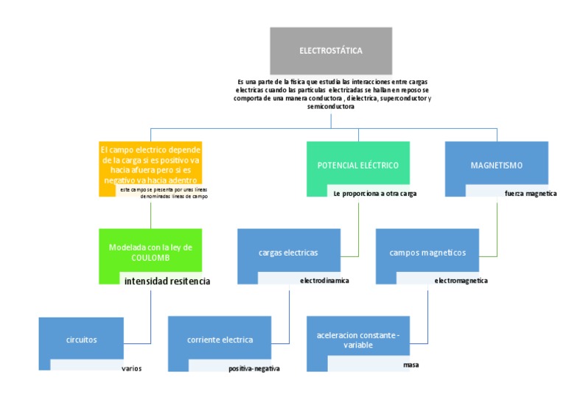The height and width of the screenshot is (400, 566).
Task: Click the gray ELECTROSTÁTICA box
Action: [x=330, y=50]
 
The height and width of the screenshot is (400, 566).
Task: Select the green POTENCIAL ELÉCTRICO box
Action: [x=357, y=165]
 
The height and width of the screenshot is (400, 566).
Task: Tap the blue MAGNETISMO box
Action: [x=496, y=165]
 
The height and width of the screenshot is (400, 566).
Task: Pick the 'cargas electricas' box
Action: [x=288, y=252]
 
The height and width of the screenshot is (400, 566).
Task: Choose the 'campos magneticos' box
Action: [x=427, y=252]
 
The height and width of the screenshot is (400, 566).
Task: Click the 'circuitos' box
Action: [x=80, y=340]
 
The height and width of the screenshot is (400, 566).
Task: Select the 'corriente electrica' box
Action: [x=220, y=340]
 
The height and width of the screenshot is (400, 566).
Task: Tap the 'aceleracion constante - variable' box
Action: [x=357, y=340]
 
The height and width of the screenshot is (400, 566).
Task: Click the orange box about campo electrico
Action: [x=150, y=164]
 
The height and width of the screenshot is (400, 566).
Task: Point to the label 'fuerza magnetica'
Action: [x=525, y=193]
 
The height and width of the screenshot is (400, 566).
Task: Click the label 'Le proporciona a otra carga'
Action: [x=374, y=193]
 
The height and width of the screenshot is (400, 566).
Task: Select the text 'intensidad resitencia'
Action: [x=167, y=281]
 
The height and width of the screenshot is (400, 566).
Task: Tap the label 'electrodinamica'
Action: [x=324, y=281]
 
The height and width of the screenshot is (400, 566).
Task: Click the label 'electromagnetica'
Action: [x=461, y=281]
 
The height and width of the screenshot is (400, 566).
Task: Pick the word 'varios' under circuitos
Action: [x=131, y=368]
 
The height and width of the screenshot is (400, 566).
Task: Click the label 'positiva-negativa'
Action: [x=254, y=368]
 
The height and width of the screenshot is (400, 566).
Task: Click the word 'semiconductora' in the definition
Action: [x=331, y=106]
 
